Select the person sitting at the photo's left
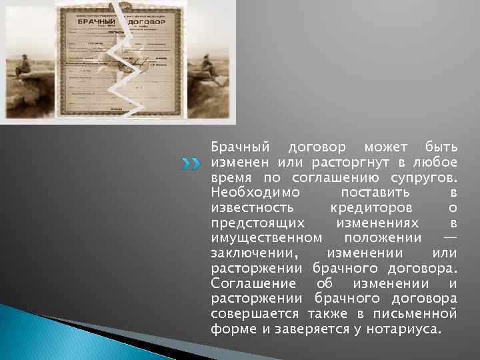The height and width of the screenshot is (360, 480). [23, 67]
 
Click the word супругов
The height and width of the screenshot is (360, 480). [425, 177]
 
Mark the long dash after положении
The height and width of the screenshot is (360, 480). [450, 238]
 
